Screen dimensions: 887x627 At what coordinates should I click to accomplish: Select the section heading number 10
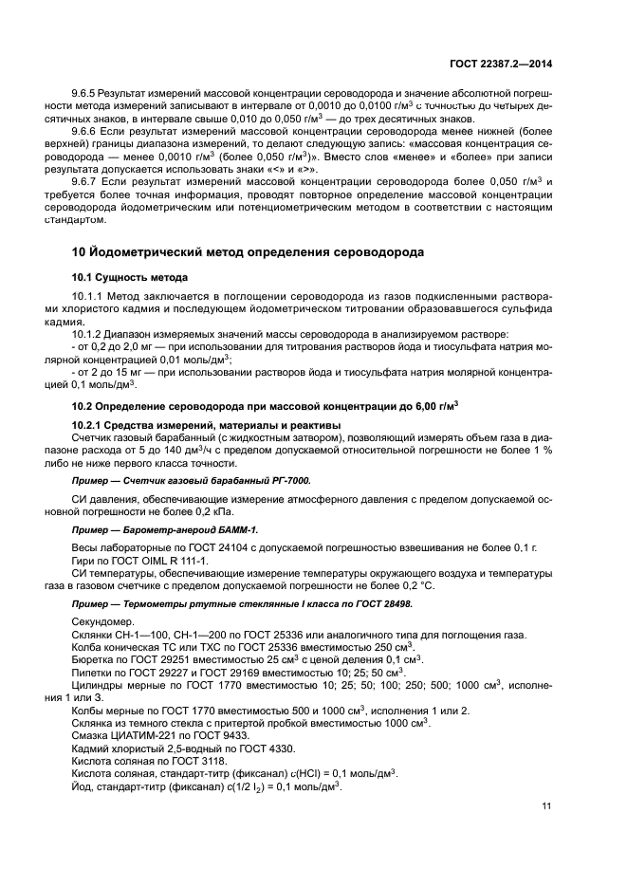pyautogui.click(x=81, y=252)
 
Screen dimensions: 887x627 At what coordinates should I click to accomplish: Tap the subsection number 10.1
pyautogui.click(x=83, y=277)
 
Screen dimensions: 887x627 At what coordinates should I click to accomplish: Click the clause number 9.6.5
pyautogui.click(x=86, y=95)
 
